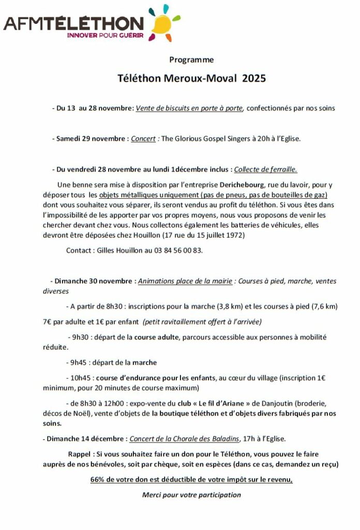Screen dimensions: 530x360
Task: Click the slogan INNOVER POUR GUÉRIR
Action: point(106,36)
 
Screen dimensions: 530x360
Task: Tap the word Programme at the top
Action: point(191,60)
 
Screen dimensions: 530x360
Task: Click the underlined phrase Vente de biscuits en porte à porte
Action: point(189,108)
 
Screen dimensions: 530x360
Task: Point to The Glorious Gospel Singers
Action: point(204,139)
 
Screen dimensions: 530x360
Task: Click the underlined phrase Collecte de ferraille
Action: point(265,169)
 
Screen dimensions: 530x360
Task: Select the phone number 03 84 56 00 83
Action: point(174,250)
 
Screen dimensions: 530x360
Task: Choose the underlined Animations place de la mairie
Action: point(184,281)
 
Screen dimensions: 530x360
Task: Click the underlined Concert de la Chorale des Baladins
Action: point(184,439)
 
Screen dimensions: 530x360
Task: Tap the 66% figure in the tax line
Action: point(98,479)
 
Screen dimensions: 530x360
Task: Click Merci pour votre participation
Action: point(191,495)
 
